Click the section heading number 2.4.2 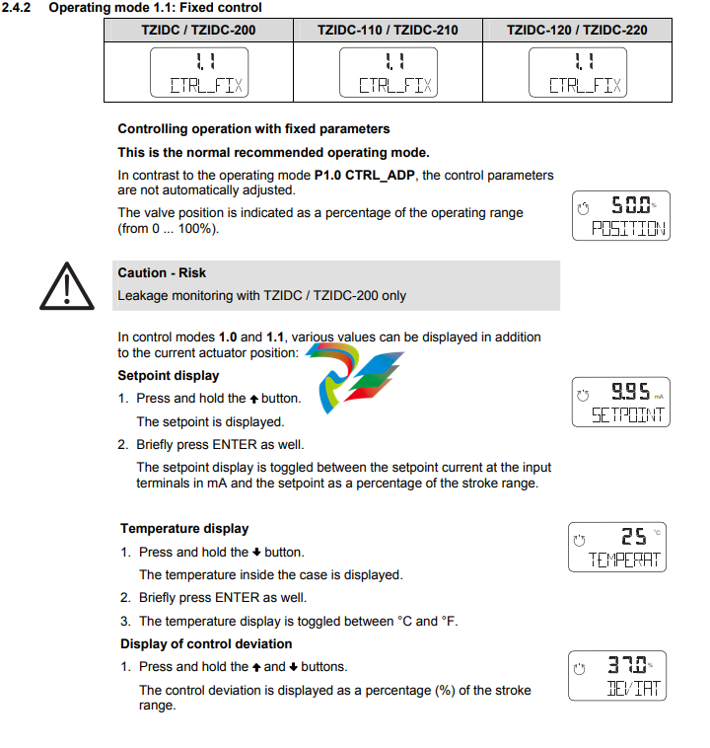pyautogui.click(x=18, y=8)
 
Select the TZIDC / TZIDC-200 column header pyautogui.click(x=198, y=30)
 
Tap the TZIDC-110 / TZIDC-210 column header pyautogui.click(x=388, y=30)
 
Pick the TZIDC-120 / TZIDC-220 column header pyautogui.click(x=577, y=30)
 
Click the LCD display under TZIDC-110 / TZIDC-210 pyautogui.click(x=388, y=72)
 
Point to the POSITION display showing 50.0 pyautogui.click(x=620, y=216)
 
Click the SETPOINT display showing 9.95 pyautogui.click(x=620, y=403)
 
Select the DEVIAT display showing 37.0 pyautogui.click(x=618, y=674)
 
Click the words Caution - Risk pyautogui.click(x=162, y=273)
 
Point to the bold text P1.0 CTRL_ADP pyautogui.click(x=366, y=176)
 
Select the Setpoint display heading pyautogui.click(x=169, y=376)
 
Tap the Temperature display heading pyautogui.click(x=184, y=529)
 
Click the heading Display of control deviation pyautogui.click(x=206, y=644)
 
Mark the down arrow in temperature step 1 pyautogui.click(x=256, y=553)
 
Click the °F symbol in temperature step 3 pyautogui.click(x=450, y=622)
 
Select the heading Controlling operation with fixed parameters pyautogui.click(x=253, y=129)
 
